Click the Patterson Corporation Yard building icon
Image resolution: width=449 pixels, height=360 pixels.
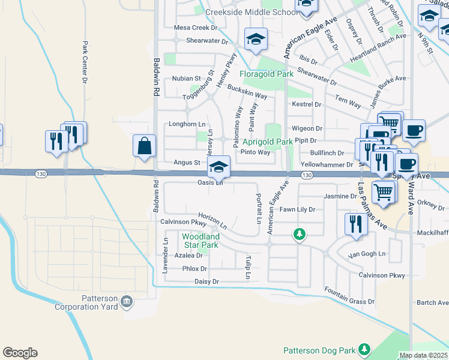[x=127, y=300]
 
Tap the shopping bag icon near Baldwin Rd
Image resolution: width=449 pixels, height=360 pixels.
[x=145, y=146]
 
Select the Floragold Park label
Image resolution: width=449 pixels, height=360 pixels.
[x=267, y=74]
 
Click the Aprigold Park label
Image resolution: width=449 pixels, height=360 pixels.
[x=267, y=142]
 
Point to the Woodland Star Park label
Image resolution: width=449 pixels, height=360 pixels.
[x=200, y=241]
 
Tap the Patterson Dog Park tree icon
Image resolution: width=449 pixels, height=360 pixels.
[x=364, y=349]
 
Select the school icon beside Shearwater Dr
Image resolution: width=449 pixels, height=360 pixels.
[x=256, y=40]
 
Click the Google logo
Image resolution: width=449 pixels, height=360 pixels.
[x=20, y=353]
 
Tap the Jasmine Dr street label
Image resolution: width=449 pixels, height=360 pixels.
[x=340, y=196]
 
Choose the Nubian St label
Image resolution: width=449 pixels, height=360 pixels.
[x=186, y=79]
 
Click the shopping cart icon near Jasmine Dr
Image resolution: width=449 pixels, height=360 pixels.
[x=384, y=192]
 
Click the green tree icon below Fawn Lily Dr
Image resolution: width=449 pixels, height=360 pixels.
[x=299, y=233]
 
